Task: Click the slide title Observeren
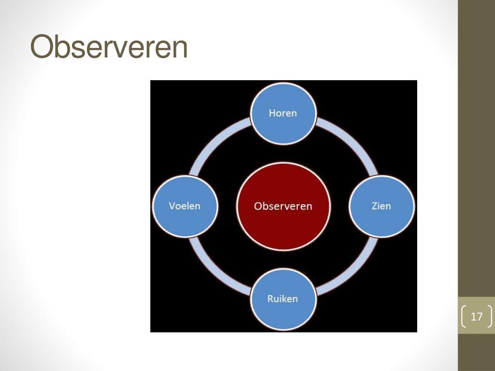pyautogui.click(x=109, y=47)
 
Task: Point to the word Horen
pyautogui.click(x=283, y=113)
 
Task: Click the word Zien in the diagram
pyautogui.click(x=381, y=206)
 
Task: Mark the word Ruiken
pyautogui.click(x=283, y=299)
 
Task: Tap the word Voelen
pyautogui.click(x=185, y=206)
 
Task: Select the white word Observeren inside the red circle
pyautogui.click(x=283, y=206)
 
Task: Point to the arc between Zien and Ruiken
pyautogui.click(x=350, y=271)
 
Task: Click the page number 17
pyautogui.click(x=477, y=317)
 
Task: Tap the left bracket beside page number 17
pyautogui.click(x=465, y=317)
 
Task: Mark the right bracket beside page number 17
pyautogui.click(x=490, y=317)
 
